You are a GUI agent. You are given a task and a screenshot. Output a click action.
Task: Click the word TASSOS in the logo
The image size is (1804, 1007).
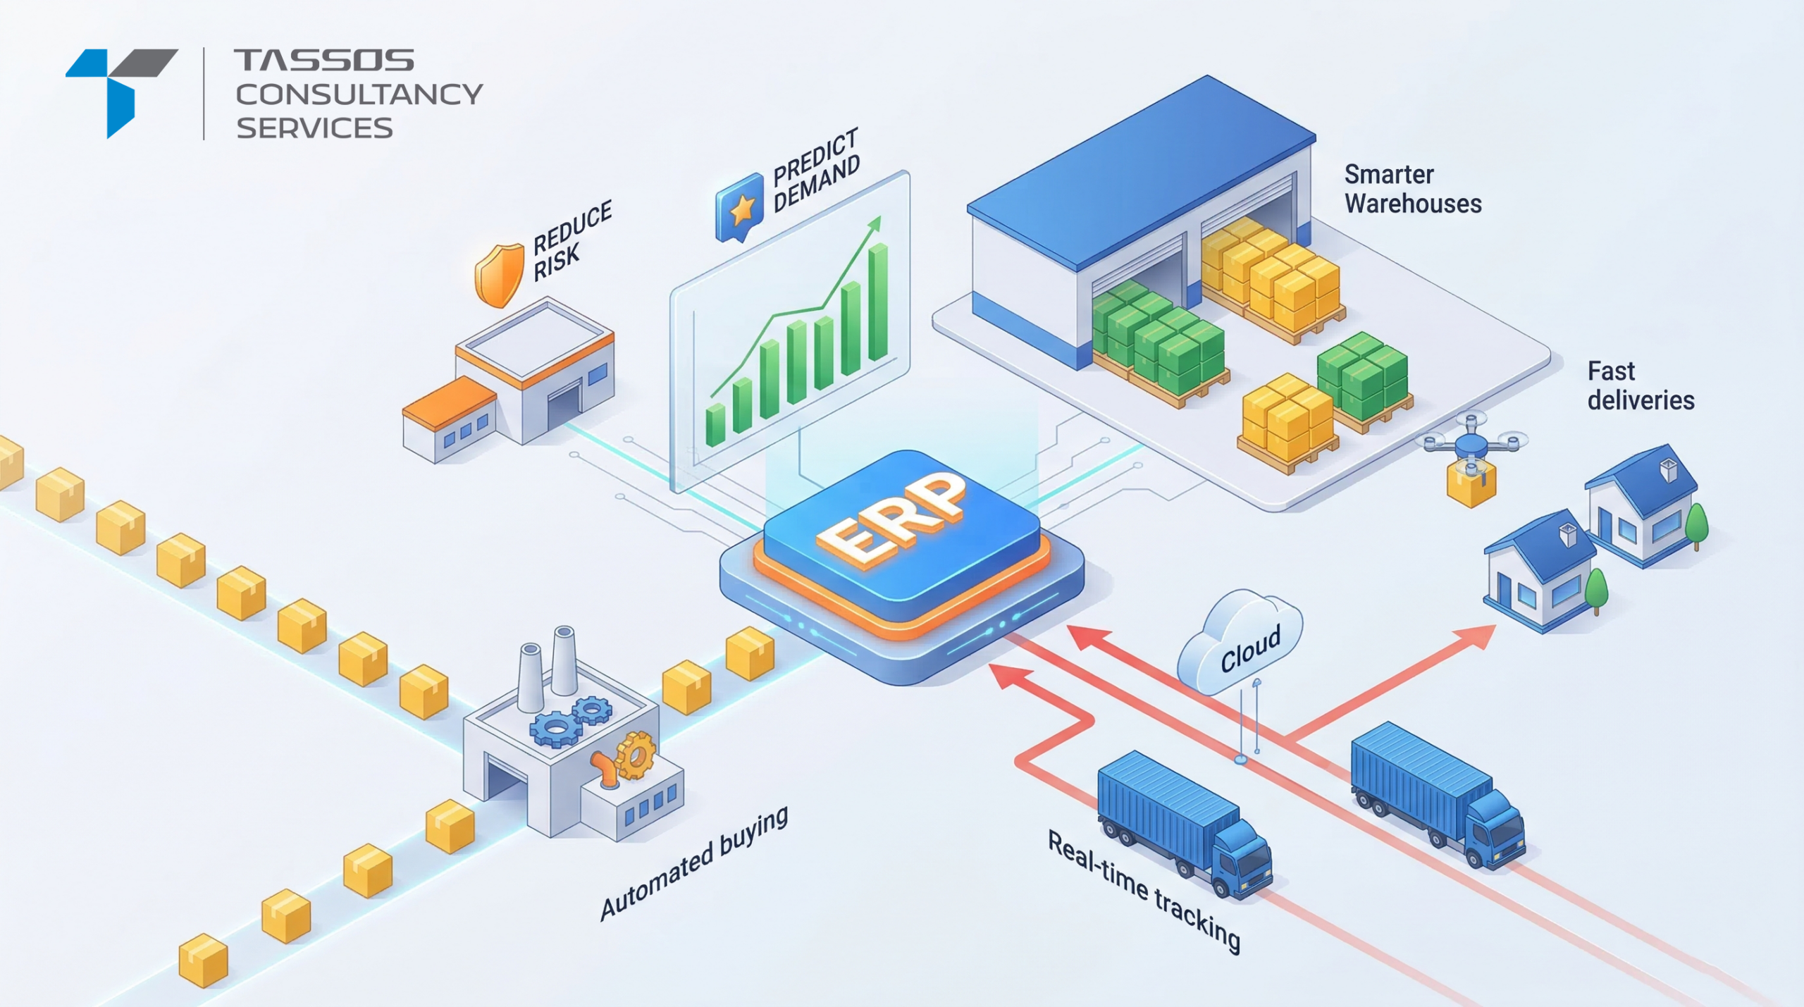point(323,61)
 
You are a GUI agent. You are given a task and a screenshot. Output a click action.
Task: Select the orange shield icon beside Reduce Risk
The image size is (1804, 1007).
point(500,274)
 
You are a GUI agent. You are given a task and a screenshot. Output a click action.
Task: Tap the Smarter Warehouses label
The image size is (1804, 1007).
point(1412,189)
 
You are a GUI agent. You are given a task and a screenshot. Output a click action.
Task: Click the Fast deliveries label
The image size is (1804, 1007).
point(1640,385)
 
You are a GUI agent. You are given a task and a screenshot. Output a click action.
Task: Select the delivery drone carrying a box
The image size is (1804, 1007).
point(1472,458)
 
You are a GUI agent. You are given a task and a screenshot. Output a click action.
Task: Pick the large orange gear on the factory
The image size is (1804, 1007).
point(636,755)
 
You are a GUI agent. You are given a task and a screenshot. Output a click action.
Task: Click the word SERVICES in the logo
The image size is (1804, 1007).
point(314,128)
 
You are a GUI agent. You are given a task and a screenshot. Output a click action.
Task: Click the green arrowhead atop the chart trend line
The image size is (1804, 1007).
point(875,224)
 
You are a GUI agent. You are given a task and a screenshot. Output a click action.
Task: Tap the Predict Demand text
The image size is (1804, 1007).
point(816,170)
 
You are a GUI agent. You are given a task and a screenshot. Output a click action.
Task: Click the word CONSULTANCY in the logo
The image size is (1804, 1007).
point(359,94)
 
